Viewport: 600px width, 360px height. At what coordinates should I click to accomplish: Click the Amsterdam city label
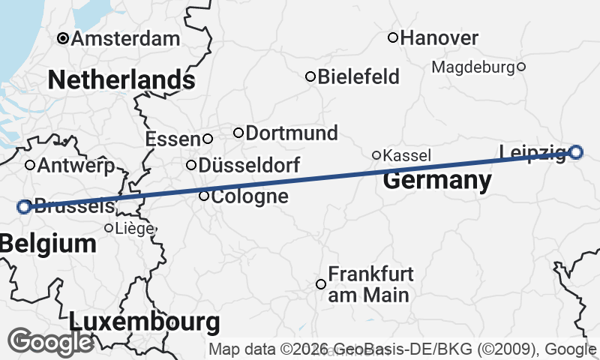(126, 38)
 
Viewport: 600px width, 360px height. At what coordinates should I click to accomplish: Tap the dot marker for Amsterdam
(64, 38)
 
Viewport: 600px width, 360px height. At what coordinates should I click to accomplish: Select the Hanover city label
(440, 37)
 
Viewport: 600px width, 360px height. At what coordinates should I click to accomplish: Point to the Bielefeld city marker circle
(310, 76)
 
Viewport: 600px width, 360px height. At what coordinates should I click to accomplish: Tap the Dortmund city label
(292, 133)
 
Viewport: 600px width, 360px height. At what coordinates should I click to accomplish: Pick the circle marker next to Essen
(208, 139)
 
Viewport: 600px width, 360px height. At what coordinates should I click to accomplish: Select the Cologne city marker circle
(204, 196)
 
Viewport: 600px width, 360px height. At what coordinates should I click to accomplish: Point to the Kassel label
(407, 156)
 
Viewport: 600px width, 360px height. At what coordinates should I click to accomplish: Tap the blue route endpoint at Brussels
(24, 206)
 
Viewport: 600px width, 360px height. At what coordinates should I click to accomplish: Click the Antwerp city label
(75, 165)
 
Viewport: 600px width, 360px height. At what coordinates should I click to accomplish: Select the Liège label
(135, 228)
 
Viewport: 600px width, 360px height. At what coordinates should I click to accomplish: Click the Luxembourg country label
(145, 322)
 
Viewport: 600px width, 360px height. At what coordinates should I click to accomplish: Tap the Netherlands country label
(121, 79)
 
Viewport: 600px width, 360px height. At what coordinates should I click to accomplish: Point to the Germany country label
(437, 181)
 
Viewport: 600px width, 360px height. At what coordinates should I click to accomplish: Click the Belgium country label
(49, 243)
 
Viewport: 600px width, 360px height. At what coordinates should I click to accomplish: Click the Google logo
(50, 342)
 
